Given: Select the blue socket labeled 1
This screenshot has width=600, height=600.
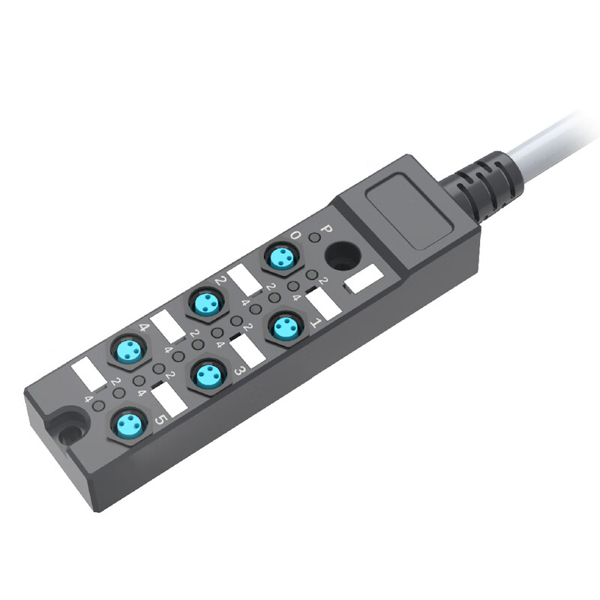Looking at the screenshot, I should pyautogui.click(x=284, y=327).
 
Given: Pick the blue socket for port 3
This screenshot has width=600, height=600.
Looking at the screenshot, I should pyautogui.click(x=205, y=376).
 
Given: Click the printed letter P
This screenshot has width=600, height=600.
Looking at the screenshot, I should pyautogui.click(x=326, y=229).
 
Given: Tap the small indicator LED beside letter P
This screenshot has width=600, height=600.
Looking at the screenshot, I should pyautogui.click(x=315, y=238).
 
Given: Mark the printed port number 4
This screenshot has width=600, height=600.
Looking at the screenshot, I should pyautogui.click(x=143, y=328).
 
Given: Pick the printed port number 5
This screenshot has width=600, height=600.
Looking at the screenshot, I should pyautogui.click(x=160, y=421).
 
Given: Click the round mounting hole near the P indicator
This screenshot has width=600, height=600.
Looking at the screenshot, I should pyautogui.click(x=342, y=256).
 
